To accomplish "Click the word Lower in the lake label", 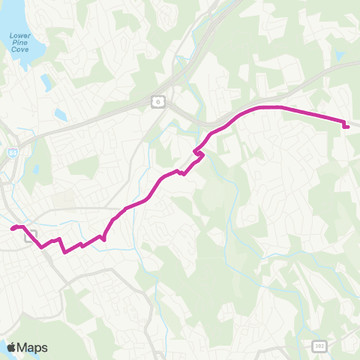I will point(17,35).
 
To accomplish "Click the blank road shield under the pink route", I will point(31,237).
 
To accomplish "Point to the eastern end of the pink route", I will point(346,127).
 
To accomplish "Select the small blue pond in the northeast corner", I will point(342,55).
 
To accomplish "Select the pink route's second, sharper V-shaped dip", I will point(65,252).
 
